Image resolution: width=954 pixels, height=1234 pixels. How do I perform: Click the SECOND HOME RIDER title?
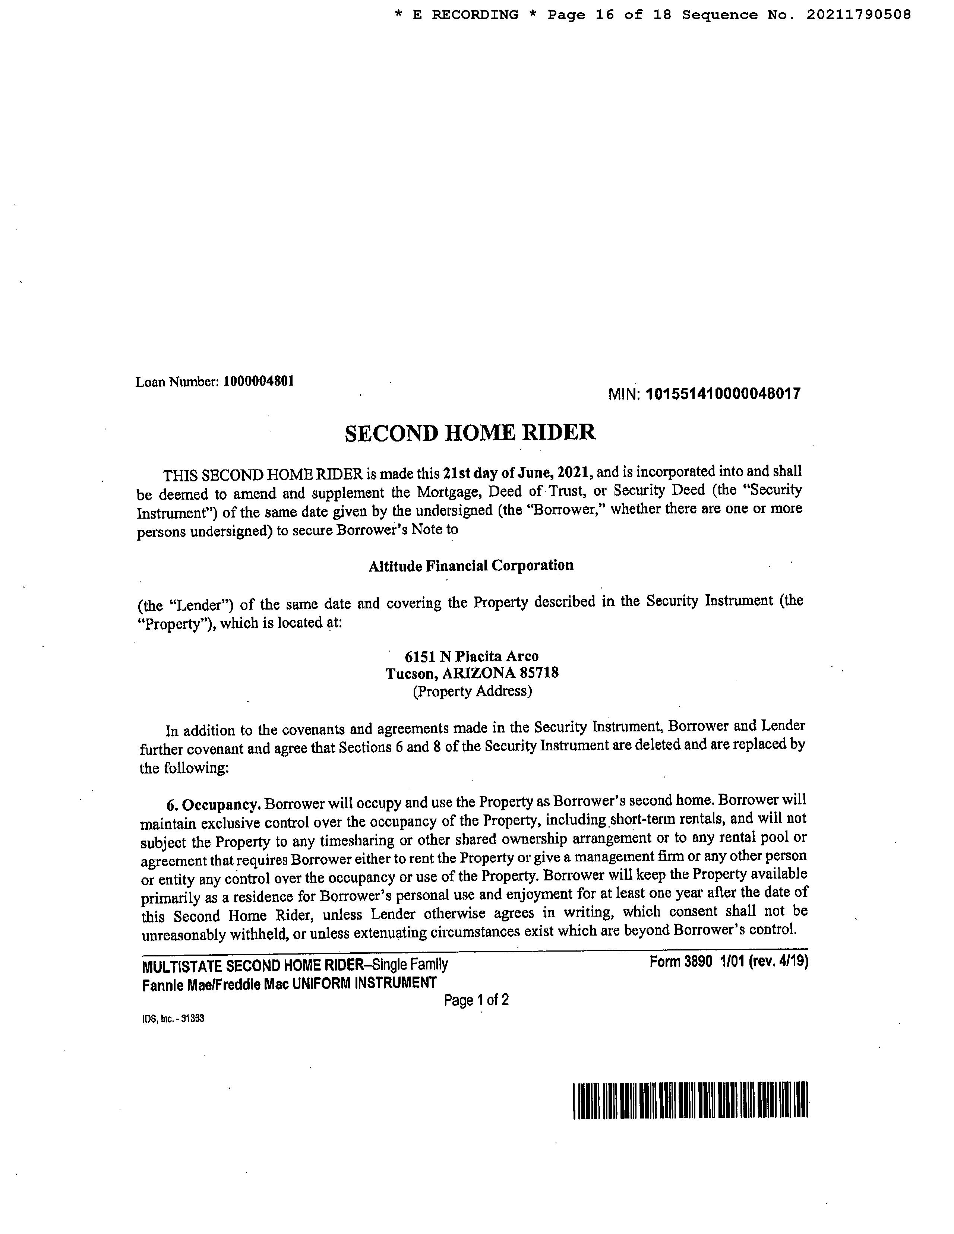[470, 433]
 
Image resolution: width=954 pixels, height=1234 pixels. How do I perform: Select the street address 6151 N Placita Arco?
[472, 656]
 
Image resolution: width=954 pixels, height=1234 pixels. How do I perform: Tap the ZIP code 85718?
[540, 673]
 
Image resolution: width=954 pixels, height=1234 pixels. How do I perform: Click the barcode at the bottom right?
[690, 1100]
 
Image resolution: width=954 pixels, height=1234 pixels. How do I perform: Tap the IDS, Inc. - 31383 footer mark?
[173, 1019]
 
